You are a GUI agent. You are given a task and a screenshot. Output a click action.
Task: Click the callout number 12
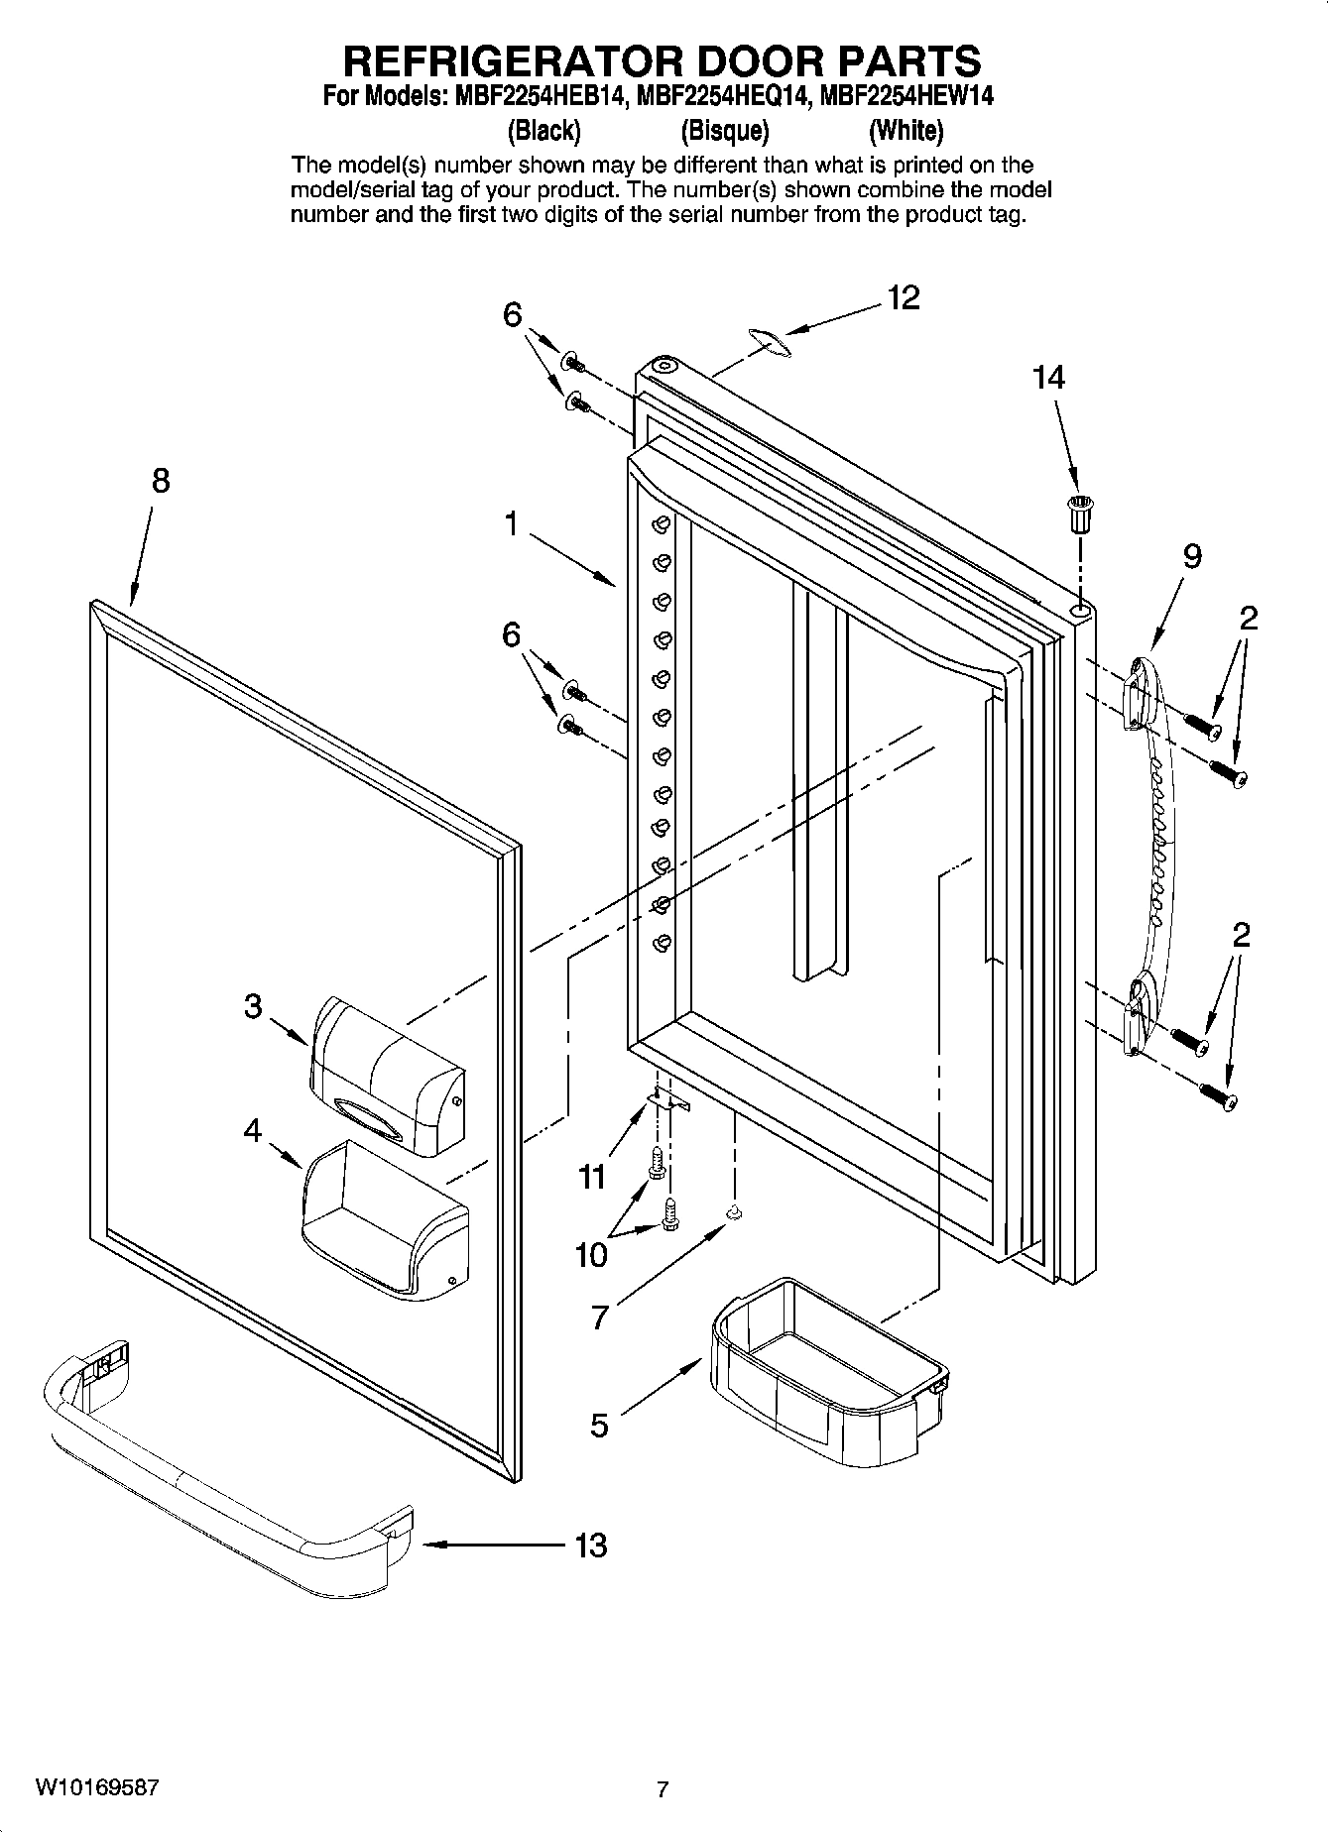pos(904,297)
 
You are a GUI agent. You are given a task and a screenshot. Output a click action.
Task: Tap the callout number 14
pos(1048,378)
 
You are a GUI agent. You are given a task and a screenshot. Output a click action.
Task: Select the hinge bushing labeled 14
pos(1079,516)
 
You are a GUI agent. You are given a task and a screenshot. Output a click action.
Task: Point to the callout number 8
pos(161,482)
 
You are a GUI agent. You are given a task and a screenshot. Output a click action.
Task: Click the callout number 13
pos(591,1545)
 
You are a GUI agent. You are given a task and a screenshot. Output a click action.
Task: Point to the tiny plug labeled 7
pos(734,1212)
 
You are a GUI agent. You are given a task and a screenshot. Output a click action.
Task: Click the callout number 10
pos(591,1255)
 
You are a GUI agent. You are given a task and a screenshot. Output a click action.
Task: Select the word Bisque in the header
pos(725,130)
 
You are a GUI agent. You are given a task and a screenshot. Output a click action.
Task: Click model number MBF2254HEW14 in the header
pos(907,96)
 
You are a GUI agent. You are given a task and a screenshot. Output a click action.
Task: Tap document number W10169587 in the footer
pos(96,1787)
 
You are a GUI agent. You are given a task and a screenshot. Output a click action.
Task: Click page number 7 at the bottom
pos(663,1789)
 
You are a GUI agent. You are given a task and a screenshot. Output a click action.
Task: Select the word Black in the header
pos(543,130)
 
